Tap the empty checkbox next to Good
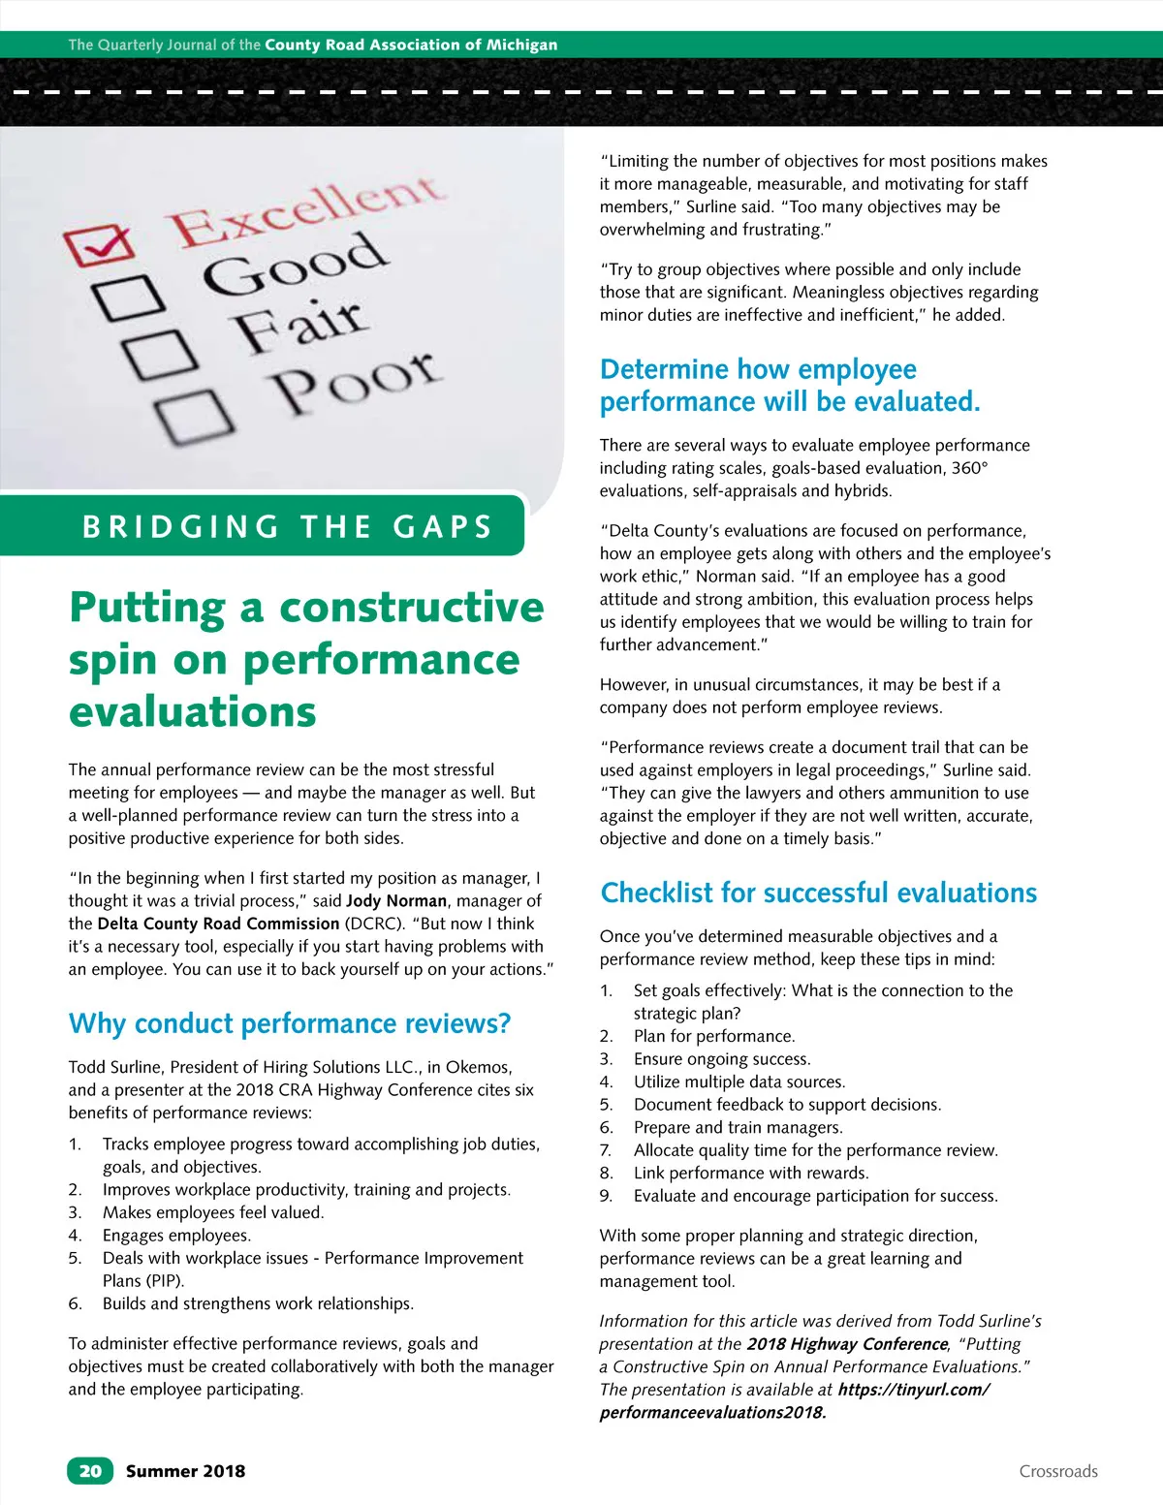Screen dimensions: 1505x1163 pyautogui.click(x=129, y=298)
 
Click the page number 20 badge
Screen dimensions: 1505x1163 pyautogui.click(x=90, y=1470)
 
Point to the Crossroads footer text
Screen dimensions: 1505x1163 pyautogui.click(x=1058, y=1471)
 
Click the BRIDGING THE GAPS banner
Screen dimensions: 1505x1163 pyautogui.click(x=287, y=526)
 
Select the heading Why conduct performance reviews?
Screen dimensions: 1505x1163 pyautogui.click(x=289, y=1023)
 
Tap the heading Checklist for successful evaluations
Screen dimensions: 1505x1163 pyautogui.click(x=818, y=893)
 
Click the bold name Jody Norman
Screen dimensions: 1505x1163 pyautogui.click(x=396, y=900)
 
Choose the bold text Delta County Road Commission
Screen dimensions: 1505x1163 pyautogui.click(x=218, y=924)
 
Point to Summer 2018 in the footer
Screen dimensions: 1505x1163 pyautogui.click(x=185, y=1471)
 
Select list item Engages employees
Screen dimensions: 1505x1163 pyautogui.click(x=176, y=1235)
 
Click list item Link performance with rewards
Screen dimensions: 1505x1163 pyautogui.click(x=751, y=1173)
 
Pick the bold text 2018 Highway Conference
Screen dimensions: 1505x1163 pyautogui.click(x=846, y=1344)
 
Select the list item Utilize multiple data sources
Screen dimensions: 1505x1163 pyautogui.click(x=739, y=1082)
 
